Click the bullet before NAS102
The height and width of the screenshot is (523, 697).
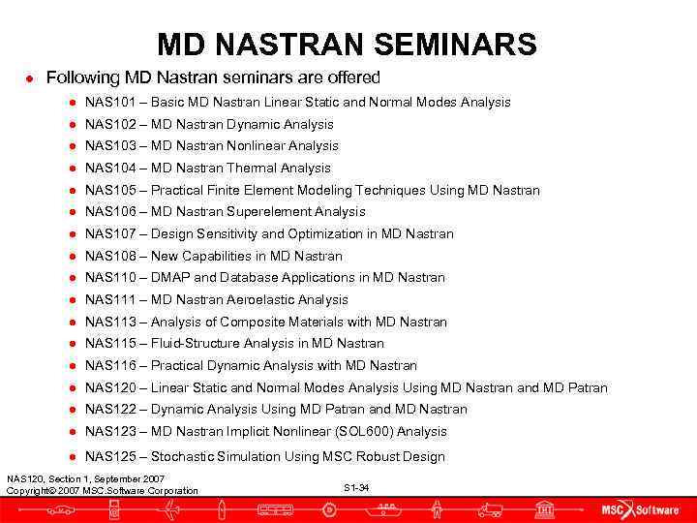click(72, 124)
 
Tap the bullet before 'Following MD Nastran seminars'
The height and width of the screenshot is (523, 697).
click(31, 77)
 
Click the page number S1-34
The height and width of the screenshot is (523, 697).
click(355, 487)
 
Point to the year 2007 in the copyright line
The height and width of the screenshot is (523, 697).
click(68, 491)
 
